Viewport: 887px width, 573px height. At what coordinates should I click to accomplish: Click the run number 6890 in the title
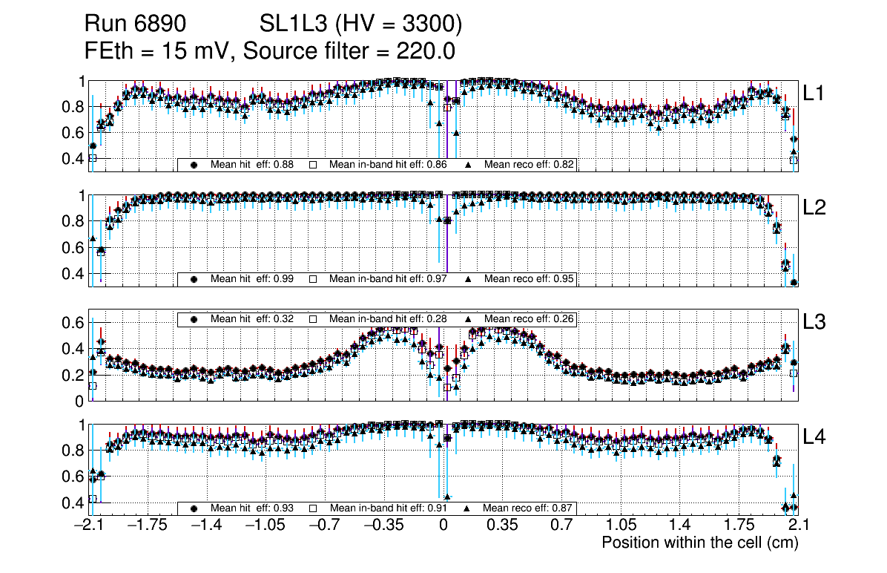click(x=160, y=24)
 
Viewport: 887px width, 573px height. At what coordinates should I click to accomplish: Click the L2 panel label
click(x=815, y=208)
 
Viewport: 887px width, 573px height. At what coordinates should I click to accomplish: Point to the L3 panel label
click(x=815, y=322)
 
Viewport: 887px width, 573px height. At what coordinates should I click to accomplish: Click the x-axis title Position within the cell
click(x=699, y=543)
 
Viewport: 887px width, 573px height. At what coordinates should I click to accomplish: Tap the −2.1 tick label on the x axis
click(x=88, y=525)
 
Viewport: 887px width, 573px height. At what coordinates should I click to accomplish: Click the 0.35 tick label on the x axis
click(x=502, y=525)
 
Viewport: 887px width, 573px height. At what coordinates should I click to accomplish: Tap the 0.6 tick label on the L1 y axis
click(x=73, y=133)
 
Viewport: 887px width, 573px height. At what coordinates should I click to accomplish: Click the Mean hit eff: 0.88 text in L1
click(x=252, y=164)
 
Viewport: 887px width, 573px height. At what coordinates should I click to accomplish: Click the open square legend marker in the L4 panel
click(x=313, y=508)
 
